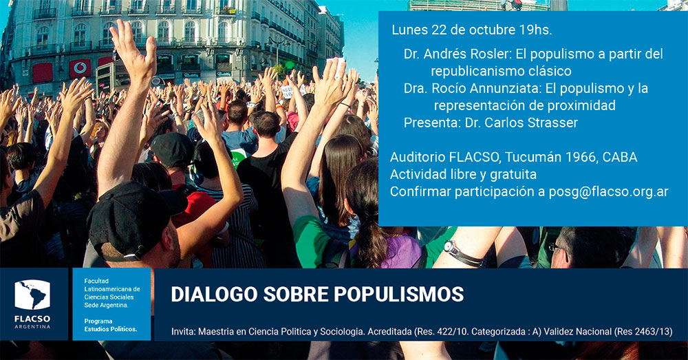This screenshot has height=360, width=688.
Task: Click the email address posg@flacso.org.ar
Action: pos(608,192)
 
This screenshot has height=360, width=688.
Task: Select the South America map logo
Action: pos(32,295)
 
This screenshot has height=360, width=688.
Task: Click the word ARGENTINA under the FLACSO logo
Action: pos(32,327)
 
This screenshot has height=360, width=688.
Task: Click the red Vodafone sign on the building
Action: pos(80,68)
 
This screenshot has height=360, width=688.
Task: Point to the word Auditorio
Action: pos(418,157)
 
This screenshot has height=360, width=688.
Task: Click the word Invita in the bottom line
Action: pos(183,332)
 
